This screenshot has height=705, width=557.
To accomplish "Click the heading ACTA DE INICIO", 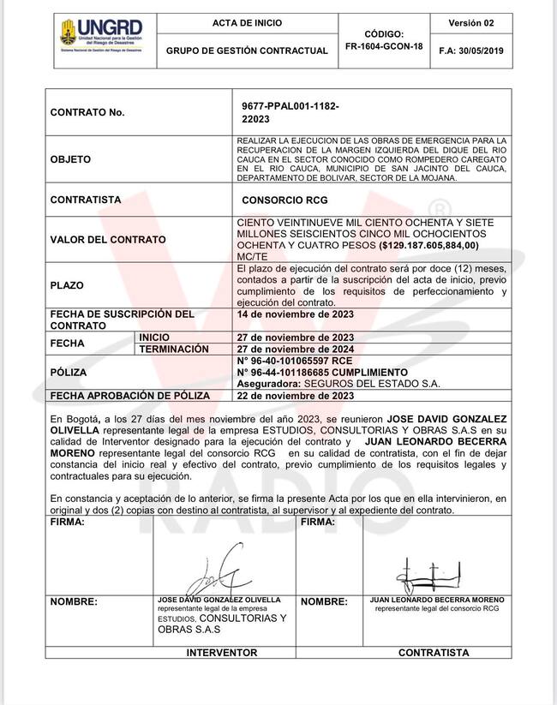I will [x=247, y=23].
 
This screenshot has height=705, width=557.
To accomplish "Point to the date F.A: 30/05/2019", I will [x=470, y=51].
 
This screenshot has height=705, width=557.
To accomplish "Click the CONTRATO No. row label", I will [x=87, y=112].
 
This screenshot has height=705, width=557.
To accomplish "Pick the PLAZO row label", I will [x=68, y=285].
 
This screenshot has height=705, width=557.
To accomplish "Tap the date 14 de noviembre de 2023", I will [x=295, y=314].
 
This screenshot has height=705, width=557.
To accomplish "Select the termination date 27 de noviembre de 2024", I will [x=295, y=350].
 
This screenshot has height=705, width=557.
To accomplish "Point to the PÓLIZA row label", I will [x=69, y=373].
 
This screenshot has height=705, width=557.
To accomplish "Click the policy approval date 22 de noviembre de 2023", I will [x=295, y=397].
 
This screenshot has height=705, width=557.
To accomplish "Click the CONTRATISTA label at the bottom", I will [x=434, y=652].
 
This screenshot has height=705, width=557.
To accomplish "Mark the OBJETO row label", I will [x=71, y=159].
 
